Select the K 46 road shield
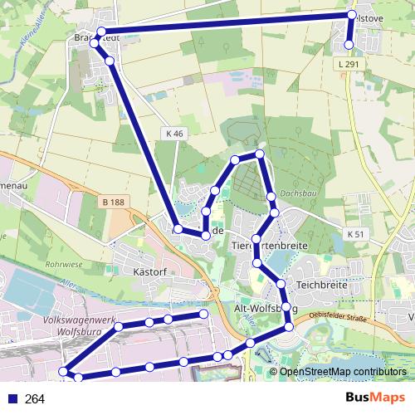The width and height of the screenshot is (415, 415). click(173, 133)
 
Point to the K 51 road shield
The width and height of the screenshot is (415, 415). click(356, 234)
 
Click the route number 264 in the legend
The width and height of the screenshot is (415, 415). click(35, 399)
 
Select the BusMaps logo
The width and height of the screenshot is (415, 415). click(377, 398)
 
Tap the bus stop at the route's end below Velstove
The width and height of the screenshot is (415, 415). click(349, 45)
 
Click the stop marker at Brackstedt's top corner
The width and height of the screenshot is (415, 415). click(101, 32)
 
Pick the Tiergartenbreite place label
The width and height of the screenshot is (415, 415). click(266, 247)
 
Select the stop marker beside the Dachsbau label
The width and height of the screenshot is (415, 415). click(271, 197)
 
